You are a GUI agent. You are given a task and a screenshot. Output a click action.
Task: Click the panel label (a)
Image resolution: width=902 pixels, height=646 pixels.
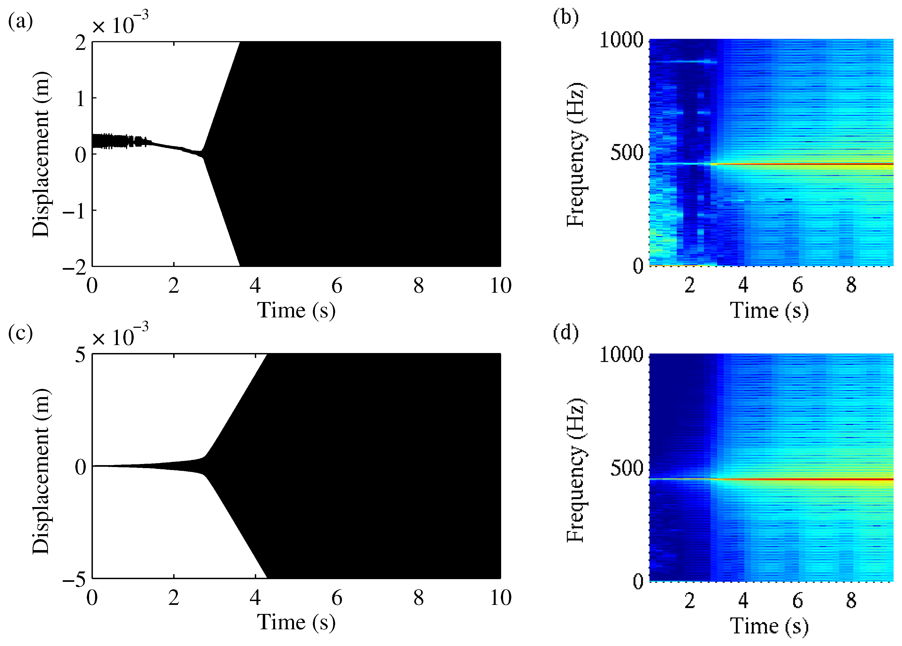[x=20, y=21]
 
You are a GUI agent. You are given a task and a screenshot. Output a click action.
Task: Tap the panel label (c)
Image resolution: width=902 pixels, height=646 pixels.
[x=20, y=333]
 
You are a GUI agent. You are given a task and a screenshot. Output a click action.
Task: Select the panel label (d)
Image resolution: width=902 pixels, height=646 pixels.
[x=566, y=332]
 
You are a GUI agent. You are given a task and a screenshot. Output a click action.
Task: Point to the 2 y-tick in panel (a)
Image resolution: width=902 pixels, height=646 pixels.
[x=81, y=42]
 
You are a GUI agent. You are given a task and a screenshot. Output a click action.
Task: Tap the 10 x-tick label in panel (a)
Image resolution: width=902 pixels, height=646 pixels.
[x=500, y=286]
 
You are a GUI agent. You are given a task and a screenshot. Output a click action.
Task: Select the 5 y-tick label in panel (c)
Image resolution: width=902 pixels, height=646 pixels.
[x=81, y=354]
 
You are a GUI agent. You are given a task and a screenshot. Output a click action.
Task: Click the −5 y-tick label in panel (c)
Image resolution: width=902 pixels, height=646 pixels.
[x=75, y=580]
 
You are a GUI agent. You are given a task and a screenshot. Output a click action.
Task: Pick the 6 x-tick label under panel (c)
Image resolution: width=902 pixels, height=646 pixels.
[x=336, y=598]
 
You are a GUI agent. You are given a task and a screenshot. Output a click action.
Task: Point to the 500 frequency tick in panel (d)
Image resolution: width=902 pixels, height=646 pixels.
[x=627, y=468]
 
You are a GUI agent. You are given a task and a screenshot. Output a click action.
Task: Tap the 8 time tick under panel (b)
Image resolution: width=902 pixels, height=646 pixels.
[x=851, y=285]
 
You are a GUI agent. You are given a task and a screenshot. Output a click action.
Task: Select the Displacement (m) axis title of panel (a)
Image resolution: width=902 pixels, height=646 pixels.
[x=41, y=154]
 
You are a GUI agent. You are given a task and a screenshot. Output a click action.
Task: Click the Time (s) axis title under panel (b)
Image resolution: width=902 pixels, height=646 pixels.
[x=769, y=310]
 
